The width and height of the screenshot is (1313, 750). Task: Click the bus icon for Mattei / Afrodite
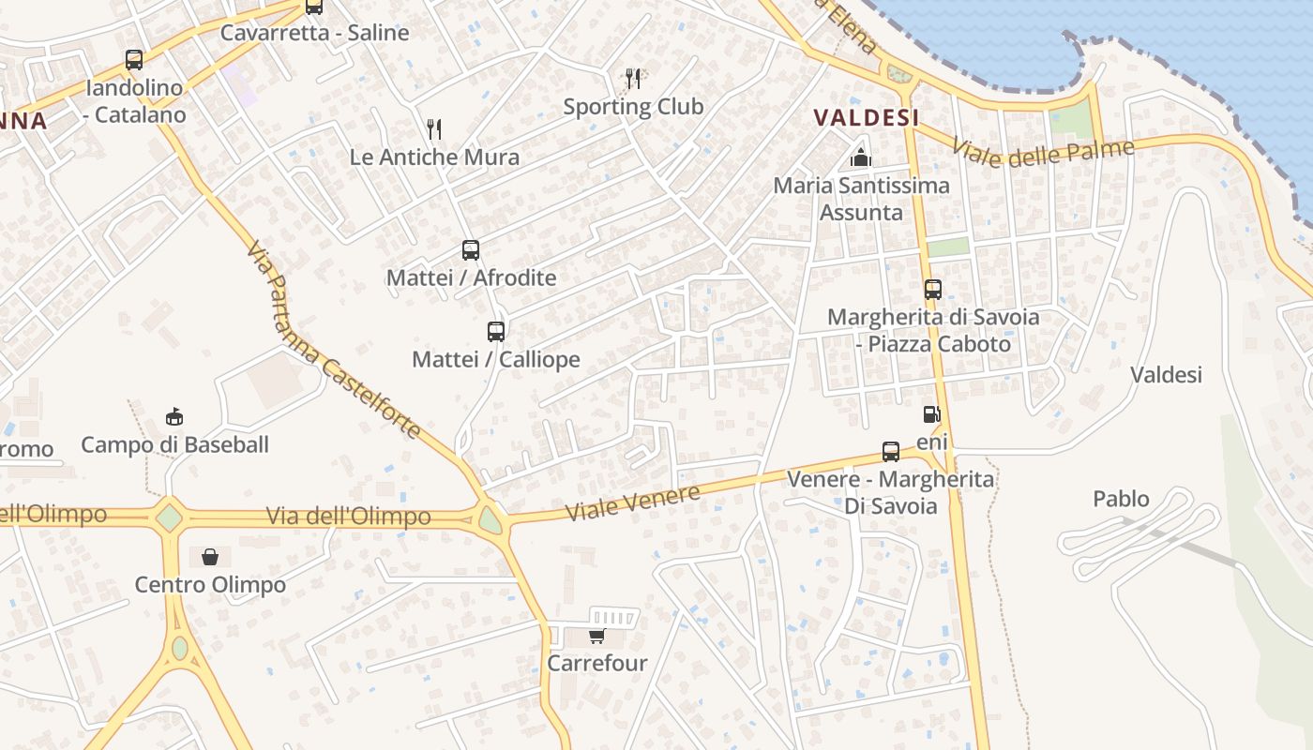click(x=471, y=250)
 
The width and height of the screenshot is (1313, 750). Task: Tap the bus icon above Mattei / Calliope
click(x=496, y=331)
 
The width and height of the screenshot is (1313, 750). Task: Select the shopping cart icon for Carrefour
click(x=596, y=637)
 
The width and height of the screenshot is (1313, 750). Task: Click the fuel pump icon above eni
click(x=931, y=413)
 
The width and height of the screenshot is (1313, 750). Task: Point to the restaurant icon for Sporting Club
click(x=634, y=78)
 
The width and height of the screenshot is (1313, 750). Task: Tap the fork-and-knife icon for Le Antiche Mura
click(x=433, y=128)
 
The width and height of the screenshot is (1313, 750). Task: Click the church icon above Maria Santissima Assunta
click(x=861, y=157)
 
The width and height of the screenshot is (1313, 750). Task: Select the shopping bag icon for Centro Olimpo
click(x=210, y=557)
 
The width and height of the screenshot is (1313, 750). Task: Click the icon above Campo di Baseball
click(x=174, y=416)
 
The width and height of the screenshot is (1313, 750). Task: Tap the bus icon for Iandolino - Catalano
click(x=134, y=60)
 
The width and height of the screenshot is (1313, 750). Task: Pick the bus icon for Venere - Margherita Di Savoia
click(x=891, y=452)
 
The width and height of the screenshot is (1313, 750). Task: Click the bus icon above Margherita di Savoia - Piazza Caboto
click(x=932, y=290)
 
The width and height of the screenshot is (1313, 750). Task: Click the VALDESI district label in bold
click(x=866, y=117)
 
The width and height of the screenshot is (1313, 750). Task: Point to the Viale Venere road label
click(x=633, y=503)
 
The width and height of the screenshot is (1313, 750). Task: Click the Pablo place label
click(x=1121, y=499)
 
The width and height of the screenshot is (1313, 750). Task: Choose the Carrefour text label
click(x=597, y=664)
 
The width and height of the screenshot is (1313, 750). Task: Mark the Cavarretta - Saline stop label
click(x=315, y=33)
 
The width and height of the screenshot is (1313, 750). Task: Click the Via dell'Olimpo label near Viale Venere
click(x=349, y=517)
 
